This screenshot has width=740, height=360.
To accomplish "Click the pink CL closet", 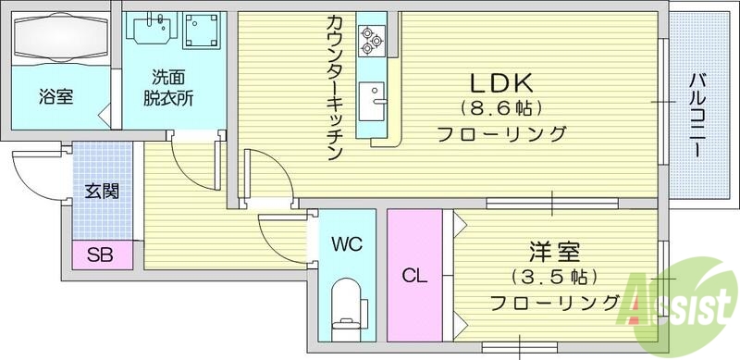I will tap(414, 275).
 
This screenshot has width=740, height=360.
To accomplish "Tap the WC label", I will tap(347, 245).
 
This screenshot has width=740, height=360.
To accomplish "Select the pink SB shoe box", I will tap(100, 254).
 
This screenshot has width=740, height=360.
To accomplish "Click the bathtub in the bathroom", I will tap(58, 43).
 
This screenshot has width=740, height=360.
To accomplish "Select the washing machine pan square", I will tap(202, 31).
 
